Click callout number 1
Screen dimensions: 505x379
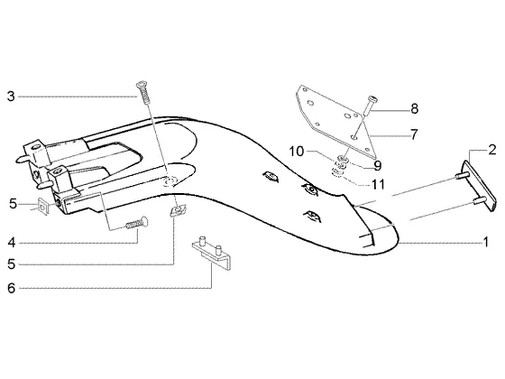[486, 242]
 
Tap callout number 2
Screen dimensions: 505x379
[492, 150]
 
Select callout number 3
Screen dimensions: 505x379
[11, 97]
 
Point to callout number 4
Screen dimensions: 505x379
[12, 243]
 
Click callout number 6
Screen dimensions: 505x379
[12, 288]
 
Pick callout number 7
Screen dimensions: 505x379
[414, 134]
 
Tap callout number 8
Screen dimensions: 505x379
[415, 108]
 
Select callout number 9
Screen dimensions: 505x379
[378, 166]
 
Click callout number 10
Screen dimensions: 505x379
[297, 152]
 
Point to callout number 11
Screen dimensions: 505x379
[379, 184]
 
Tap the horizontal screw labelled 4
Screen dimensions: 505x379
[136, 223]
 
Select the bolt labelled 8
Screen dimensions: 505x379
[370, 106]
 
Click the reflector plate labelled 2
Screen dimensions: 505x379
[478, 186]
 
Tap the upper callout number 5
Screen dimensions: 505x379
[13, 204]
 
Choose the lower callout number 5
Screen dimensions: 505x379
[12, 263]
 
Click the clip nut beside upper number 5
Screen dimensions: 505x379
[44, 207]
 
